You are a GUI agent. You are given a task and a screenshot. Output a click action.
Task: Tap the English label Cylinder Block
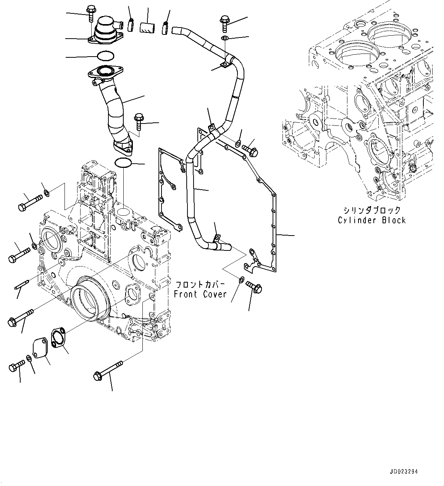pos(371,220)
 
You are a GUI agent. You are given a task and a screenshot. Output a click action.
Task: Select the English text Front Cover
pos(200,294)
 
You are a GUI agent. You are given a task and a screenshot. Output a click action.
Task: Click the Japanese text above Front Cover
pos(200,284)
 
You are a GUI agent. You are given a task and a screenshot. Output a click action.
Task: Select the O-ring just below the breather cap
pos(105,56)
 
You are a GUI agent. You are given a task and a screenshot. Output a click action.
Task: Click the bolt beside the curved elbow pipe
pos(138,121)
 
